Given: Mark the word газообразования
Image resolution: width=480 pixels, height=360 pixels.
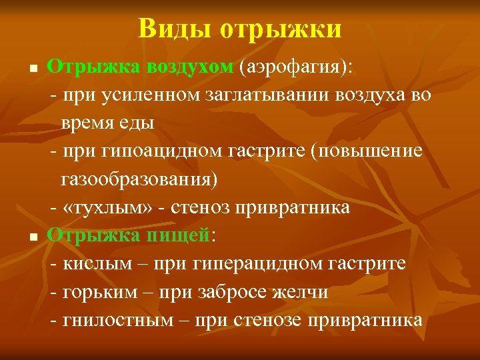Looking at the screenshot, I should [x=139, y=179].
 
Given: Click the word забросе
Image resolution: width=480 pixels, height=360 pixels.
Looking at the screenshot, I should [x=231, y=291].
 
